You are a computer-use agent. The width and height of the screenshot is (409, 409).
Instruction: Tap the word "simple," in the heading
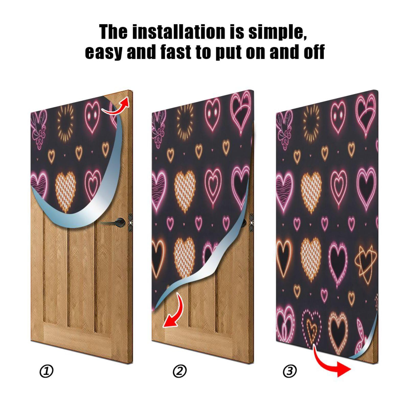pos(277,32)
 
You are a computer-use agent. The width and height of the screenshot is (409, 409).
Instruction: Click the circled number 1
pos(46,371)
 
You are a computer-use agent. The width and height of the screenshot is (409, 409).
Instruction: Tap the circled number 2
pos(179,371)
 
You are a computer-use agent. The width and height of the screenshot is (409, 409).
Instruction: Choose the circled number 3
pos(290,371)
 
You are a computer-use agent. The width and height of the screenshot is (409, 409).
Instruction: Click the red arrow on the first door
pos(116,107)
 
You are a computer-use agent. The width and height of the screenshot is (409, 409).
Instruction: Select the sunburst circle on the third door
pos(311,120)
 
